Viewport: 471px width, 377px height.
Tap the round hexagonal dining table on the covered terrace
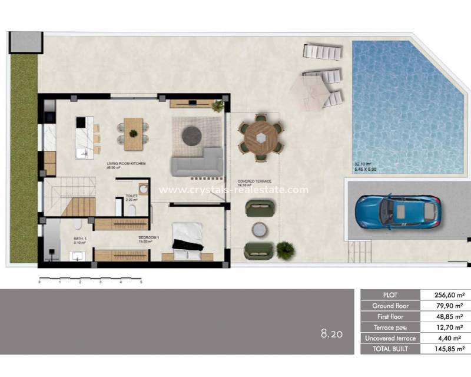click(x=260, y=137)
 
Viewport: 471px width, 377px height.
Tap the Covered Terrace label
click(x=254, y=181)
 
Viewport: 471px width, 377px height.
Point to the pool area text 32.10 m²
click(x=365, y=164)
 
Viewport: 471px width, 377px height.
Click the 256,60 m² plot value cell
click(x=445, y=295)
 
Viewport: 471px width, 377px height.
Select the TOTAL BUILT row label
click(x=389, y=349)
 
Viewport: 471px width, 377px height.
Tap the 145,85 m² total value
click(x=445, y=349)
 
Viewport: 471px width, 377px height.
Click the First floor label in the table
click(x=389, y=316)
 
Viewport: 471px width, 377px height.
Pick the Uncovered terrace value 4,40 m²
click(x=445, y=338)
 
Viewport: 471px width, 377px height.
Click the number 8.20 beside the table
click(x=331, y=335)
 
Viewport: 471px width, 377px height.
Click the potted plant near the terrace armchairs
click(x=286, y=250)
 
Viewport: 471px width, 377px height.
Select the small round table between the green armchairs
click(x=259, y=229)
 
